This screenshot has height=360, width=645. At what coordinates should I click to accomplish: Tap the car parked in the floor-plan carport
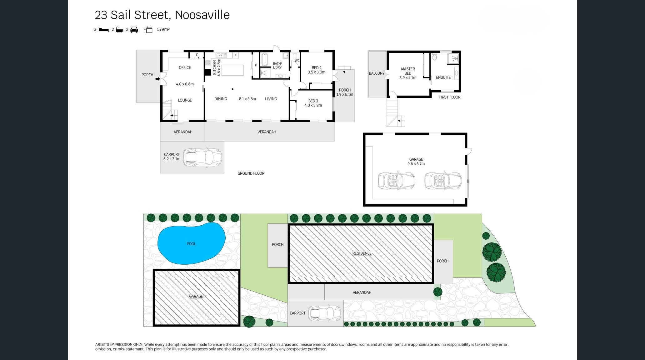tap(202, 157)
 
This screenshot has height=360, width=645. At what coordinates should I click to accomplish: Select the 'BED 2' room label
tap(317, 68)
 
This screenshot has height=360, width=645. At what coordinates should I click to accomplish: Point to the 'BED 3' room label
tap(313, 101)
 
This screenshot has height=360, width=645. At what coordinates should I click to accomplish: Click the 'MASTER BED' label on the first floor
tap(408, 71)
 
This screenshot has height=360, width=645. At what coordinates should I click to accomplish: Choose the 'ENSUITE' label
tap(443, 77)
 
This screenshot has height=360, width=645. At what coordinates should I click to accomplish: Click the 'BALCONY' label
tap(377, 73)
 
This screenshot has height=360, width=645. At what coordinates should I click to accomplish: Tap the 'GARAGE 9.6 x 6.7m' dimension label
tap(416, 162)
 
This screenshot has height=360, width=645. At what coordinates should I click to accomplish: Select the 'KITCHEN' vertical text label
tap(215, 67)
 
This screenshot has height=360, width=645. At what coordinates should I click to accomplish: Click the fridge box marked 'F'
tap(236, 55)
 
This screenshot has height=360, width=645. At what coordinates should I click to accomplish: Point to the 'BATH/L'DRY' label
tap(277, 66)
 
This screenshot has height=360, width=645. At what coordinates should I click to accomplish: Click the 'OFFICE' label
tap(185, 67)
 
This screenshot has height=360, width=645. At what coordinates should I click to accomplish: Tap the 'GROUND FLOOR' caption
tap(251, 173)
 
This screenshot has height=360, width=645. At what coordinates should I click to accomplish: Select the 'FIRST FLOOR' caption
tap(449, 97)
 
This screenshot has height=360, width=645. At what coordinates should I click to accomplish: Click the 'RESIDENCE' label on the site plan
tap(362, 253)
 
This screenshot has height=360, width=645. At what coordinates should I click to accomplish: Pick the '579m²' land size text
tap(163, 29)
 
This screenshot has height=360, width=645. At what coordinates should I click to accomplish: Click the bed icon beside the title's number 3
tap(103, 30)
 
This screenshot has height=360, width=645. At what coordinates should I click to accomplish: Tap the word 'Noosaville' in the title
tap(202, 15)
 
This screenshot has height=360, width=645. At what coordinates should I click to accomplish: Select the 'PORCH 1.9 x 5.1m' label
tap(345, 92)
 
